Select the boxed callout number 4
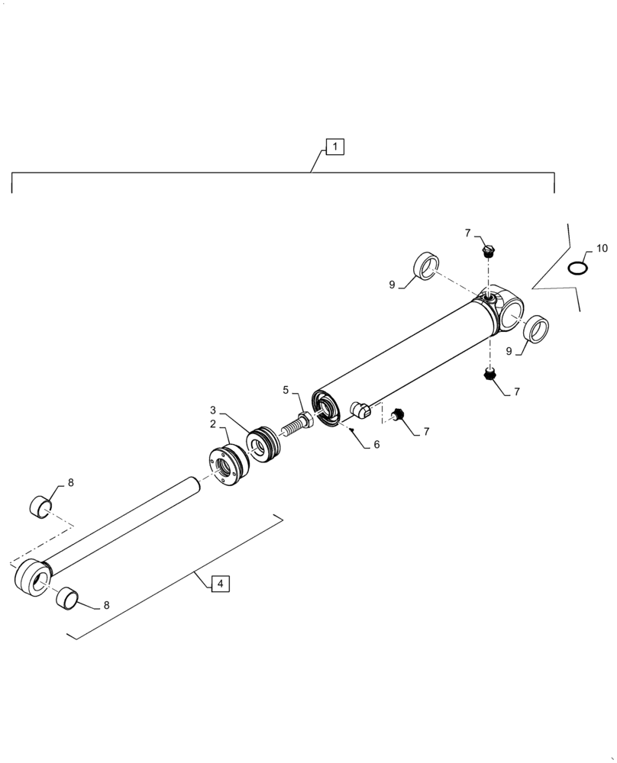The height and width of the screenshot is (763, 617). pyautogui.click(x=220, y=584)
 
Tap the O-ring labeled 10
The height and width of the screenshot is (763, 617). pyautogui.click(x=578, y=268)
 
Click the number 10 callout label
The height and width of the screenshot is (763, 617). pyautogui.click(x=602, y=249)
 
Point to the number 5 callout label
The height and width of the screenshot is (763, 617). pyautogui.click(x=286, y=390)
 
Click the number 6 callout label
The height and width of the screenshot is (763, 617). pyautogui.click(x=376, y=444)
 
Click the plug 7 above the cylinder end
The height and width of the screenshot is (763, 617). pyautogui.click(x=488, y=250)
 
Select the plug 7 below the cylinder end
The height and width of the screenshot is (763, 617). pyautogui.click(x=489, y=375)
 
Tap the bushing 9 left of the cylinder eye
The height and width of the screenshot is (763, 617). pyautogui.click(x=427, y=265)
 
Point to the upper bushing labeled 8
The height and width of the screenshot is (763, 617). pyautogui.click(x=40, y=505)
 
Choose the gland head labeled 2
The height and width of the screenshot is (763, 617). pyautogui.click(x=227, y=466)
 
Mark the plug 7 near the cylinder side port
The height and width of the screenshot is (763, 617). pyautogui.click(x=397, y=415)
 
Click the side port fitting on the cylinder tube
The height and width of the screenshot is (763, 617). pyautogui.click(x=360, y=410)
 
